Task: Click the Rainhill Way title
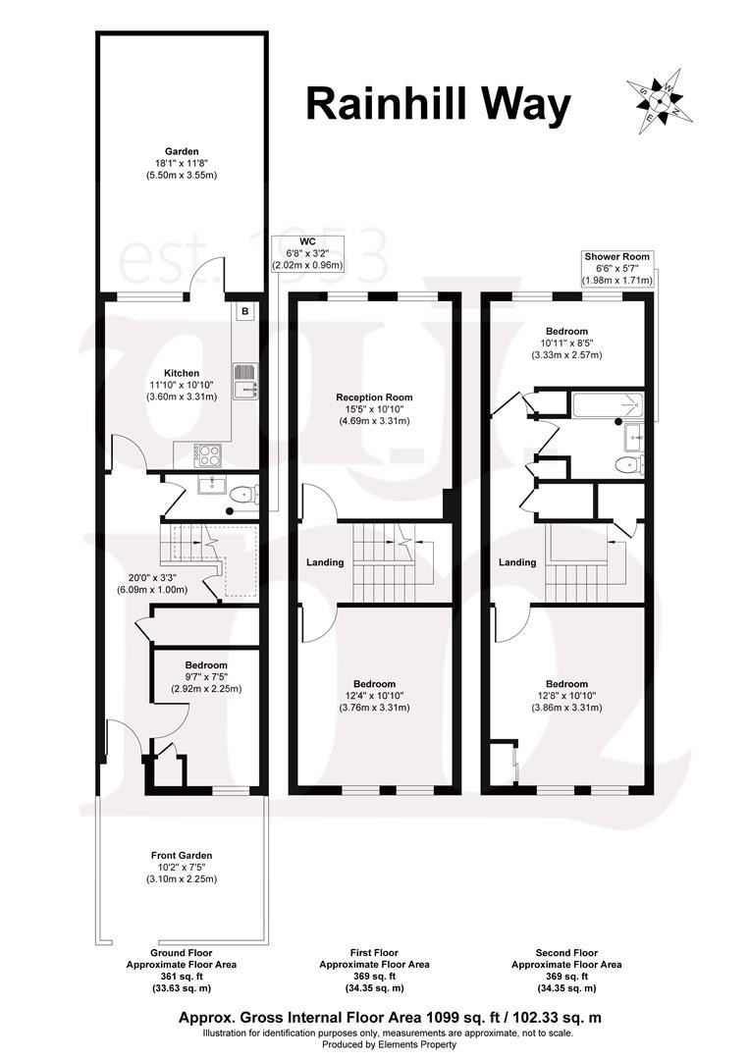tap(438, 105)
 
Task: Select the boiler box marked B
tap(244, 312)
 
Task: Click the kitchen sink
tap(244, 381)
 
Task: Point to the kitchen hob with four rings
tap(207, 455)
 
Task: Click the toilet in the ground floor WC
tap(244, 494)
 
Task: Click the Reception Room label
tap(375, 397)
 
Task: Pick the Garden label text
tap(182, 151)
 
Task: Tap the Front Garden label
tap(182, 855)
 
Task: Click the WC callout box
tap(307, 253)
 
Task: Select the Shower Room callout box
tap(617, 268)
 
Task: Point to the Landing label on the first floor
tap(325, 562)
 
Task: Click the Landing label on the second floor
tap(517, 562)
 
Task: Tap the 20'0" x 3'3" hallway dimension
tap(158, 578)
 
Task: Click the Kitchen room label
tap(182, 373)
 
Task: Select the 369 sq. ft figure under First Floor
tap(374, 977)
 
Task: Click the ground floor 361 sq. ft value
tap(182, 977)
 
